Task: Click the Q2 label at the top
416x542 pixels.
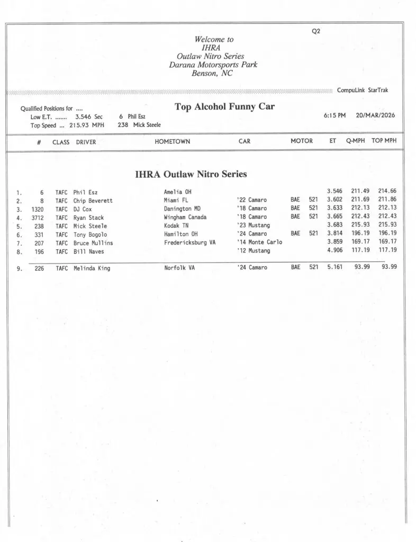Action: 316,31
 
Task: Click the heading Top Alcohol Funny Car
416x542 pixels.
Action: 224,107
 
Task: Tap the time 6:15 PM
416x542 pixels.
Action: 334,115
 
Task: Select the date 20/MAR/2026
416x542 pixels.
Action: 375,115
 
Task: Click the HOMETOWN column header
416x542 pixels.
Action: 172,141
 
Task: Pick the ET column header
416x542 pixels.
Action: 332,141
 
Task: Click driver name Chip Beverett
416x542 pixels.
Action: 93,201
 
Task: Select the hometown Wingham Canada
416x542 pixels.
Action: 185,218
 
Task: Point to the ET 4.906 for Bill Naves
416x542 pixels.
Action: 334,251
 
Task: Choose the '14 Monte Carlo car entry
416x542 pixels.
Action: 259,242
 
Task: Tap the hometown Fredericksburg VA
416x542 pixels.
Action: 189,243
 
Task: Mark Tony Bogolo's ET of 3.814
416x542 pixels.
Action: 334,234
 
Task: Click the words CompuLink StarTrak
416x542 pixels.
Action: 363,91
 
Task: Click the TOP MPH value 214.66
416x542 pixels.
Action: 387,192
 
